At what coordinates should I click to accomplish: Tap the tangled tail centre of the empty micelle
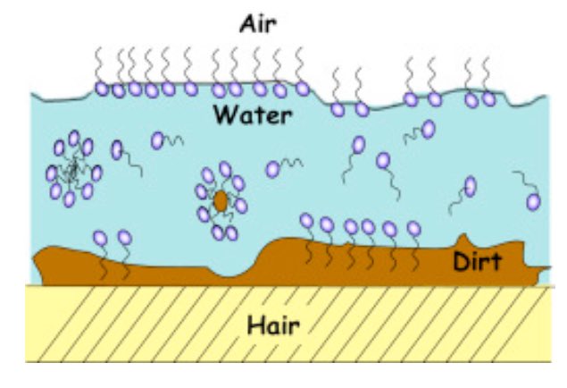[72, 169]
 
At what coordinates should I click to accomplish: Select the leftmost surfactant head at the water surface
[101, 89]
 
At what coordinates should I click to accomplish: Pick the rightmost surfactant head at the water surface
[488, 99]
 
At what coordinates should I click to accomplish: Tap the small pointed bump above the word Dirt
[463, 240]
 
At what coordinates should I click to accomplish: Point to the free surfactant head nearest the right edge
[533, 202]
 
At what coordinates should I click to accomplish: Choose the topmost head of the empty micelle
[74, 138]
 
